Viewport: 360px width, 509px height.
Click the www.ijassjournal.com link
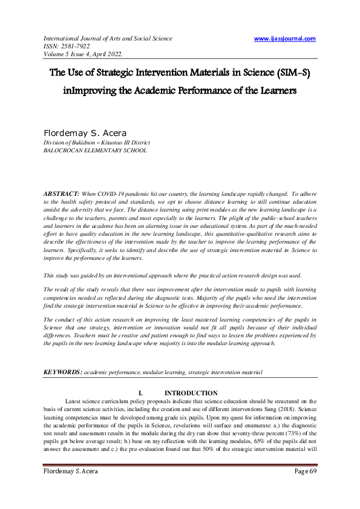(x=285, y=39)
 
